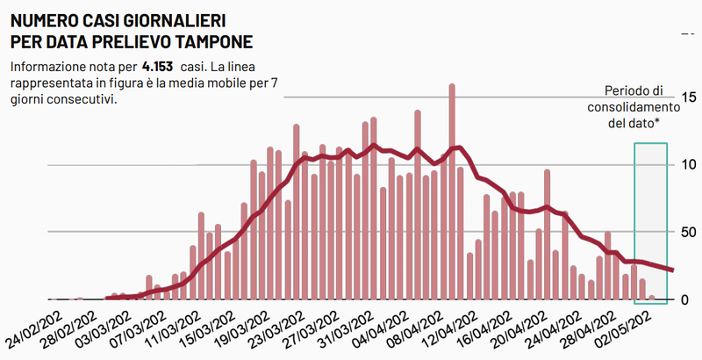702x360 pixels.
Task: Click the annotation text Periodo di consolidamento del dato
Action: (x=634, y=107)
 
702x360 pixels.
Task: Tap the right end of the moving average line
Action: (x=672, y=270)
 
